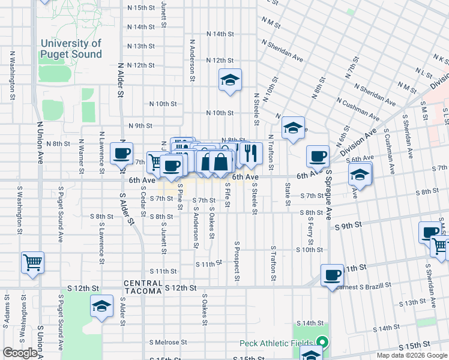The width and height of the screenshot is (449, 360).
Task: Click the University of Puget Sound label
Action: pos(71,49)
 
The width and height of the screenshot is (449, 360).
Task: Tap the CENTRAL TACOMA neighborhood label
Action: pos(143,287)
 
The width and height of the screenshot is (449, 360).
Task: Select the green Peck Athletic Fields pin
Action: pos(322,343)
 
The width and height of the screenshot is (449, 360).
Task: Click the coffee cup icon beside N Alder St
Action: pos(122,154)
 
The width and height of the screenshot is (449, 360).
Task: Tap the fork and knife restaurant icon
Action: pos(251,154)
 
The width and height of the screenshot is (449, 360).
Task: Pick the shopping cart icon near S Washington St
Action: pos(32,262)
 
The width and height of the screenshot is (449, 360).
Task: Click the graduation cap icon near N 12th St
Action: pos(229,80)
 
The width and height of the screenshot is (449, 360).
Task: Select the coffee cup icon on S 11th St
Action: pos(332,275)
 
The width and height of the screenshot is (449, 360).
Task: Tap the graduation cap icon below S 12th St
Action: pos(101,307)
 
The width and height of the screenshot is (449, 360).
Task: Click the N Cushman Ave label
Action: pos(358,109)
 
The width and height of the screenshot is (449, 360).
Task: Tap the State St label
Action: pos(288,195)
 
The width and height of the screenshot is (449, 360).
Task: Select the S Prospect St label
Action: pos(237,263)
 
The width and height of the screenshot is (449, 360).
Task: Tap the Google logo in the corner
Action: pos(20,353)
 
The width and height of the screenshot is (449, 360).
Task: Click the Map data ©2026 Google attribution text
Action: pos(411,355)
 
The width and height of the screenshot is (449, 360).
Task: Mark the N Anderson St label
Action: pos(192,60)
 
